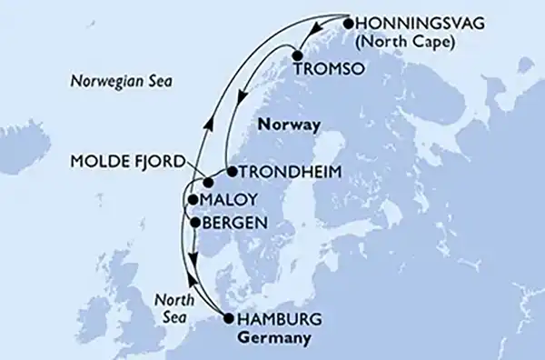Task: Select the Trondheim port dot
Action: click(x=231, y=171)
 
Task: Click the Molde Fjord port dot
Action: click(x=207, y=183)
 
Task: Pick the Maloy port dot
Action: click(x=193, y=199)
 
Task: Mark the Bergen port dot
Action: click(x=194, y=221)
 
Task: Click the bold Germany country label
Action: click(x=272, y=337)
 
